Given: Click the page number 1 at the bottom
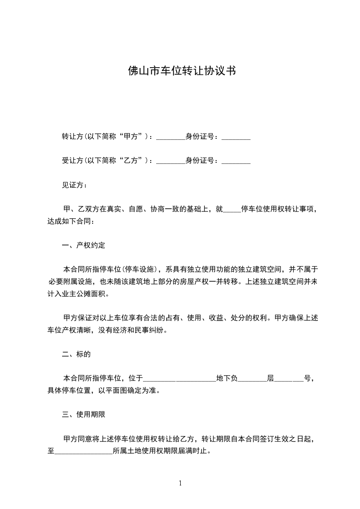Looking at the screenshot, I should click(x=180, y=483).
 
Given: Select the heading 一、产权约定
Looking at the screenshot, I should click(x=84, y=245).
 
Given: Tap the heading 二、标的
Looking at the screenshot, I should click(x=76, y=354).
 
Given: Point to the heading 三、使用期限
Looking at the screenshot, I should click(x=84, y=414).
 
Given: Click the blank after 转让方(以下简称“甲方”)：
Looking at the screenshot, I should click(x=171, y=137).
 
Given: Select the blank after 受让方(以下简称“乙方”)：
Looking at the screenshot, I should click(x=171, y=161).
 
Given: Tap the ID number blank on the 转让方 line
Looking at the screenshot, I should click(x=236, y=137).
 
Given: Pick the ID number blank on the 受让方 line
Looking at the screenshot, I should click(x=236, y=161).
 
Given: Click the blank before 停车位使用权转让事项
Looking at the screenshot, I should click(x=232, y=210).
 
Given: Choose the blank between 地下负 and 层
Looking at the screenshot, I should click(x=252, y=378).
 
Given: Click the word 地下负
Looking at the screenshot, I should click(x=227, y=378).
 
